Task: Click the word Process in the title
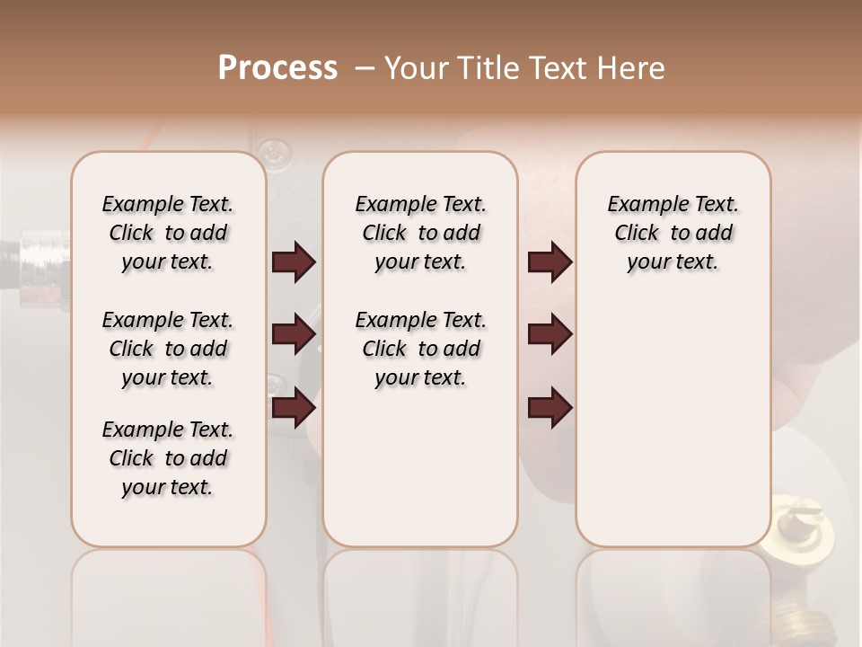click(277, 68)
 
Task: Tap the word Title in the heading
click(484, 68)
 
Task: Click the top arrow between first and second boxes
click(294, 261)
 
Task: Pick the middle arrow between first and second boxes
click(294, 334)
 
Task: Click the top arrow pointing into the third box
click(550, 261)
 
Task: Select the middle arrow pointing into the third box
click(550, 334)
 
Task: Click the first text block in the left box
click(168, 233)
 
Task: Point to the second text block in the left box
click(168, 349)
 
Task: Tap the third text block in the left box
click(168, 458)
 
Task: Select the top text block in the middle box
click(420, 233)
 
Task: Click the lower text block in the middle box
click(420, 349)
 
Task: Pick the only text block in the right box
click(673, 233)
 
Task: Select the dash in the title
click(365, 68)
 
